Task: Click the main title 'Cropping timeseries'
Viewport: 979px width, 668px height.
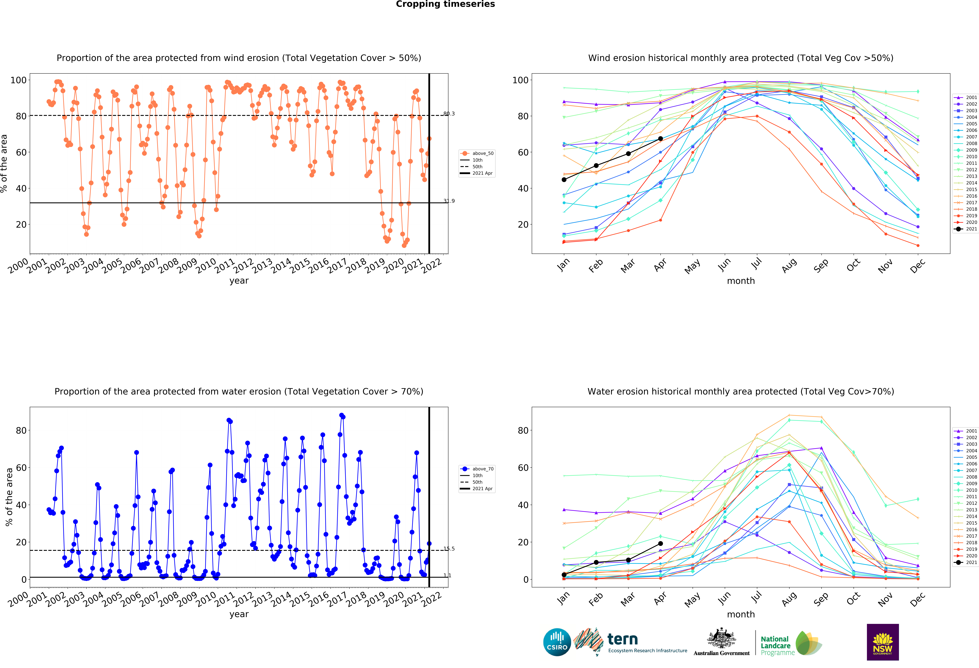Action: [445, 4]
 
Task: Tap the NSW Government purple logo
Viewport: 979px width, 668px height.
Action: [882, 642]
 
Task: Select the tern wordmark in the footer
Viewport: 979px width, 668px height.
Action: [623, 639]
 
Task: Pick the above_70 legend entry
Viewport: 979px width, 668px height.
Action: [477, 469]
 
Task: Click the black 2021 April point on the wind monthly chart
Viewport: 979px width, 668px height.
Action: [660, 139]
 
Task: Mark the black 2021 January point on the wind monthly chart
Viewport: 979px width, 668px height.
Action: [564, 180]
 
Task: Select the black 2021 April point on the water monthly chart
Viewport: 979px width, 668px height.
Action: [660, 544]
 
